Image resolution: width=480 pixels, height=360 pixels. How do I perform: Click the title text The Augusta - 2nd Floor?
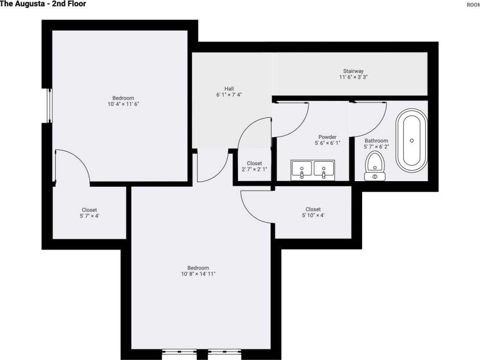click(x=43, y=4)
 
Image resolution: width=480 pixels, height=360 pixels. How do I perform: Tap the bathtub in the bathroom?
click(x=411, y=142)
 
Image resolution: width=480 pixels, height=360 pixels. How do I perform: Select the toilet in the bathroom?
click(x=375, y=163)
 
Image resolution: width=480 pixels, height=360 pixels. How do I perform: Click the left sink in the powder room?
click(x=302, y=169)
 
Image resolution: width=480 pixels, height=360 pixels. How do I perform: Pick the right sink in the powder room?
click(x=324, y=169)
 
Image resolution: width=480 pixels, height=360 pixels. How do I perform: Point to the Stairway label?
click(x=353, y=71)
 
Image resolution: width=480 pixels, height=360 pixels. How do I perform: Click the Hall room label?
click(x=229, y=88)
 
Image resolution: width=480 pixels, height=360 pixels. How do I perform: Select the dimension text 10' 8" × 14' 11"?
click(x=198, y=274)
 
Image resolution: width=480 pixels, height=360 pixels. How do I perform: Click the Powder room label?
click(x=327, y=137)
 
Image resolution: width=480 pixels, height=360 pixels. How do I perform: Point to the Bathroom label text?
click(x=376, y=141)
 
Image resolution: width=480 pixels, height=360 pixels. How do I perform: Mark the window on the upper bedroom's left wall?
click(x=49, y=105)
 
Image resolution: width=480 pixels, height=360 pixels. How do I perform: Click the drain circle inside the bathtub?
click(x=411, y=140)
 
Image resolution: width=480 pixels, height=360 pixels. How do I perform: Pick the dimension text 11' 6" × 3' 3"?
click(x=354, y=77)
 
